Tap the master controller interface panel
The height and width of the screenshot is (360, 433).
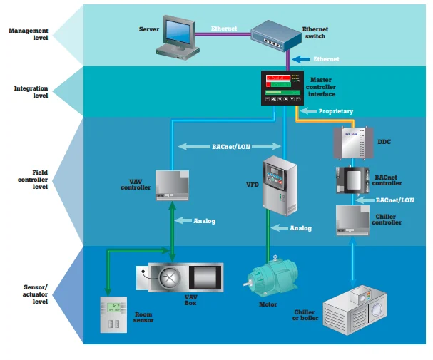tap(282, 88)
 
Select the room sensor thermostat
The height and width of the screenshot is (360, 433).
tap(113, 316)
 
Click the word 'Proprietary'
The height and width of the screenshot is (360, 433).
tap(335, 111)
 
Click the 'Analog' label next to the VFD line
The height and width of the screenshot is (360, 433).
tap(300, 228)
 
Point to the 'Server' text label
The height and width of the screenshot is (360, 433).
tap(148, 29)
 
